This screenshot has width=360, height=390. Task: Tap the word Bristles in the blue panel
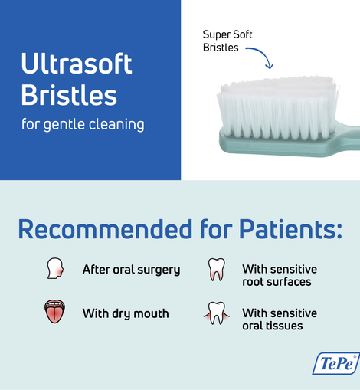[x=69, y=96]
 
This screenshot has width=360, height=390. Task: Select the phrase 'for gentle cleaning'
[x=83, y=123]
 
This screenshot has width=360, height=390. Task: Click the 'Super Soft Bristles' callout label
[x=227, y=41]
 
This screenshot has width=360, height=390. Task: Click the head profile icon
[x=54, y=269]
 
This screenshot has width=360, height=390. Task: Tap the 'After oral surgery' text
[x=131, y=270]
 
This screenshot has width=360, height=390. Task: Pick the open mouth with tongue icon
[x=54, y=312]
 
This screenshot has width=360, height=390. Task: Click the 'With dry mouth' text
[x=126, y=313]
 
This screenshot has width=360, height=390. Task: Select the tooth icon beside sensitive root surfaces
[x=216, y=270]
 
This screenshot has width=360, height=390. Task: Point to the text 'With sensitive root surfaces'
[x=280, y=275]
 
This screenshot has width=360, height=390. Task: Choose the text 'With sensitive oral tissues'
[x=280, y=320]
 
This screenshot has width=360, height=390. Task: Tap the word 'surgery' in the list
[x=157, y=270]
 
